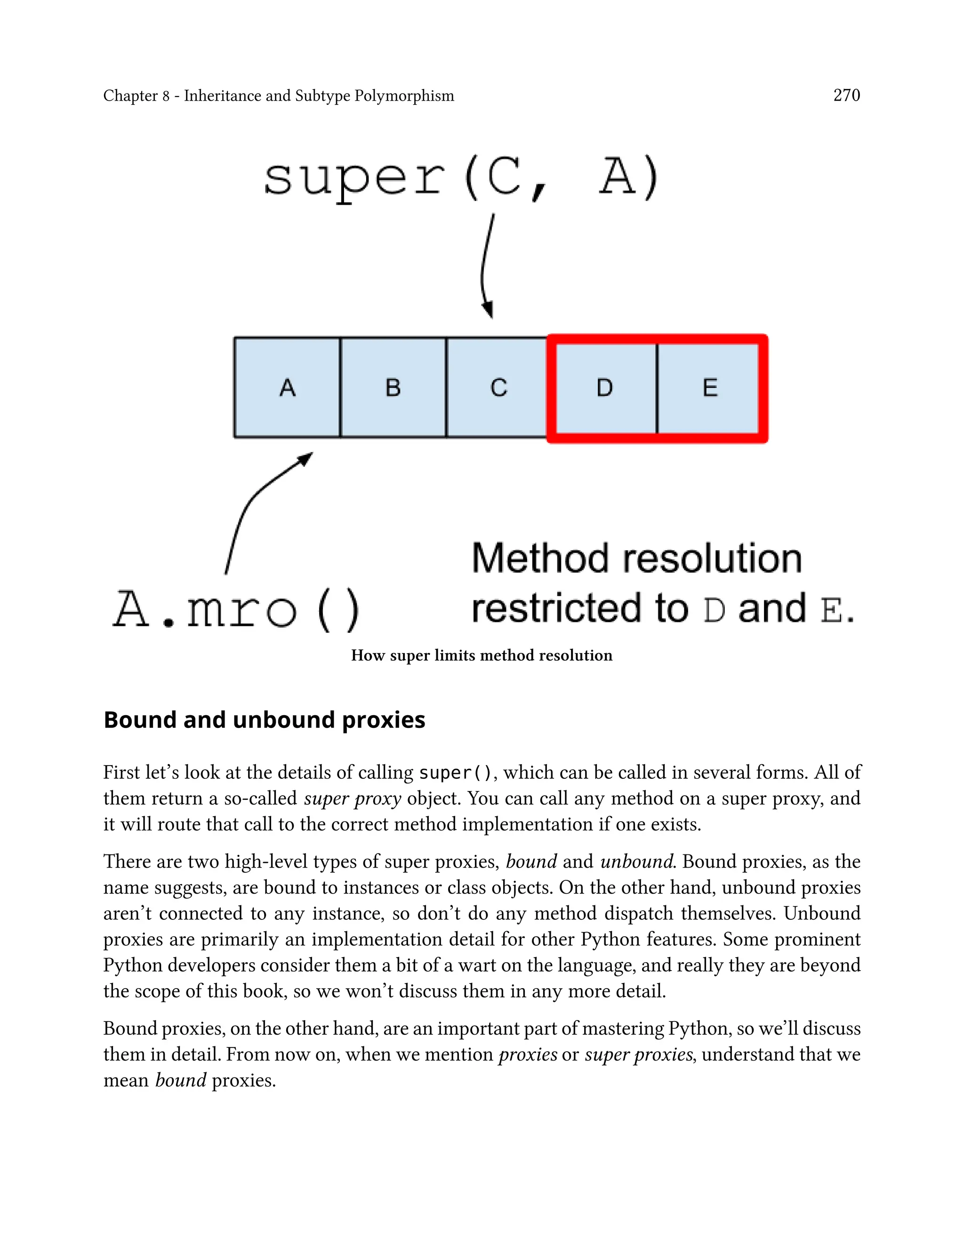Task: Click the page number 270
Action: (x=846, y=95)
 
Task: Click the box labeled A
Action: (x=287, y=388)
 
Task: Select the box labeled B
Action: (x=393, y=388)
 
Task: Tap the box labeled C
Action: (x=498, y=388)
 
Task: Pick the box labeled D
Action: (x=605, y=388)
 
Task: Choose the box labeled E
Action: (x=710, y=388)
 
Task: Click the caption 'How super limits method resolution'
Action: (x=482, y=655)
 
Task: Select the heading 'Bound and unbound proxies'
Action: (x=264, y=720)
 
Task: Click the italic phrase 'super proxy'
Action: (x=352, y=799)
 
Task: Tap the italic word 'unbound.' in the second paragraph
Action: (x=637, y=862)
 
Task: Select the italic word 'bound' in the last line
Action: (x=180, y=1080)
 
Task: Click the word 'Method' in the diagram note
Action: (x=540, y=559)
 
